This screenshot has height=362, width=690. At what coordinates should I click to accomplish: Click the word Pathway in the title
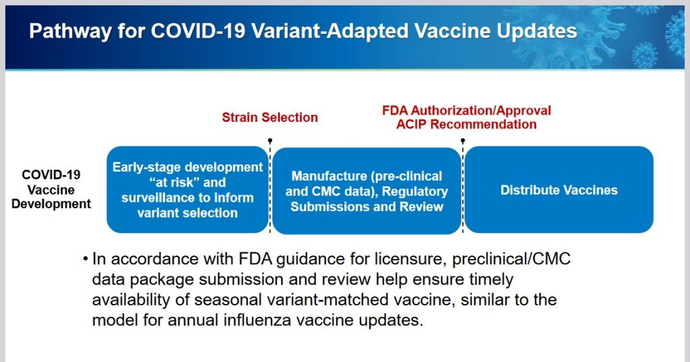pos(70,32)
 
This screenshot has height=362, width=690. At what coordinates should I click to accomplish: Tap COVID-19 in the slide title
pos(197,31)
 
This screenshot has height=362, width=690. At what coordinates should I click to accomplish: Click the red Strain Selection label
pos(270,117)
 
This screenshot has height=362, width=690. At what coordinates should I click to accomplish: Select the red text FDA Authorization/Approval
pos(466,110)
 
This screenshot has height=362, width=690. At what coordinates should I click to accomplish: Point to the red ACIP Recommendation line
pos(466,124)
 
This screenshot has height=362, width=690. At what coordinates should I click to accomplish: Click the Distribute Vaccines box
pos(559,190)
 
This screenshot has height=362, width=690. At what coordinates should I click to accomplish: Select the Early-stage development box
pos(187,190)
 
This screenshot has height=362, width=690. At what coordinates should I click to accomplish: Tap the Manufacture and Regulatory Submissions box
pos(367,191)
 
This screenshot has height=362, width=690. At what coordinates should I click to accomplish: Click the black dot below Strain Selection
pos(270,140)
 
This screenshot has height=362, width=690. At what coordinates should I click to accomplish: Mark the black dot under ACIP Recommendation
pos(463,140)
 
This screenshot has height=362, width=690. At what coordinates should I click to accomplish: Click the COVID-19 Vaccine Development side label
pos(51,189)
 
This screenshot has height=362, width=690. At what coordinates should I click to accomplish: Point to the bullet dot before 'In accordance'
pos(86,259)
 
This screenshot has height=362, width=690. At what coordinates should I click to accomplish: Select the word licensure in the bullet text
pos(411,259)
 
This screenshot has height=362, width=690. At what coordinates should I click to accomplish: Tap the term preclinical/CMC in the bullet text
pos(511,259)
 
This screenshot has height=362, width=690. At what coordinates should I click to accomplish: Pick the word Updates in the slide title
pos(537,32)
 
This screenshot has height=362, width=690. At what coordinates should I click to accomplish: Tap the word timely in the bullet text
pos(491,280)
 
